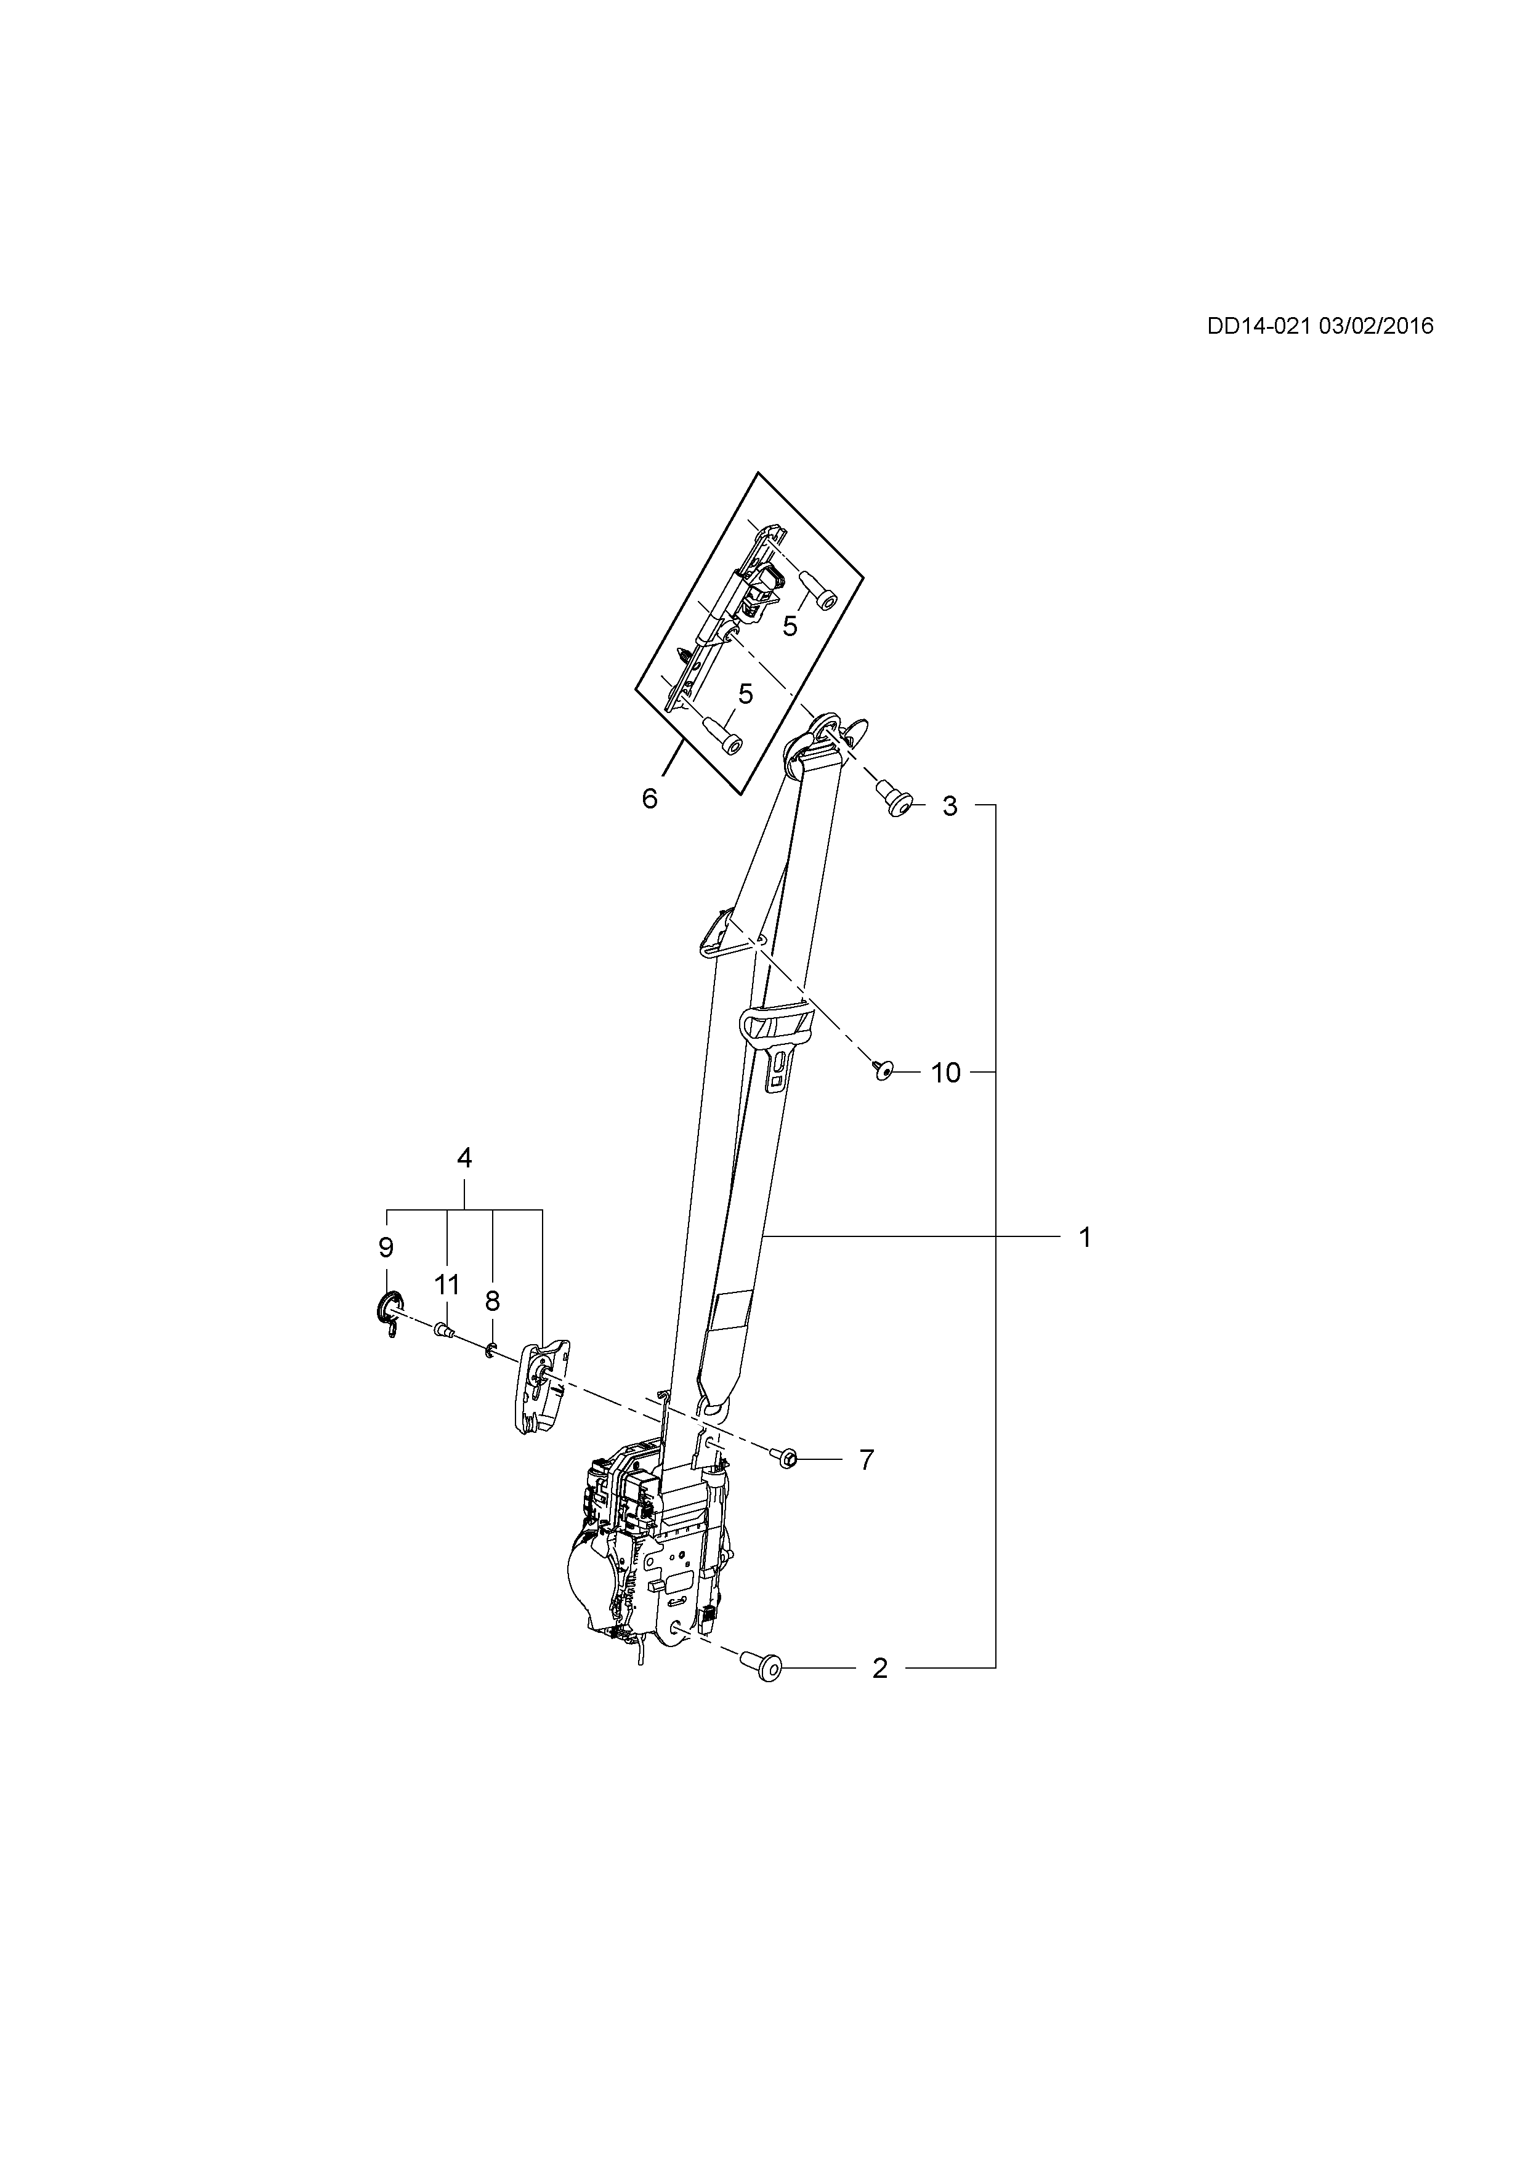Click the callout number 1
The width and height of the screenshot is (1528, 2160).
pyautogui.click(x=1085, y=1237)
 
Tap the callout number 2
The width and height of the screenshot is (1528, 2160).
pyautogui.click(x=879, y=1668)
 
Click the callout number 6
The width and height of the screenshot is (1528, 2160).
pyautogui.click(x=649, y=799)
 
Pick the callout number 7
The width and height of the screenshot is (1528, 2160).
pyautogui.click(x=867, y=1460)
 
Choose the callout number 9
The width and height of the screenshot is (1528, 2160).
pyautogui.click(x=386, y=1247)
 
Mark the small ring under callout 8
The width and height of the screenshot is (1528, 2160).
pyautogui.click(x=490, y=1352)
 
